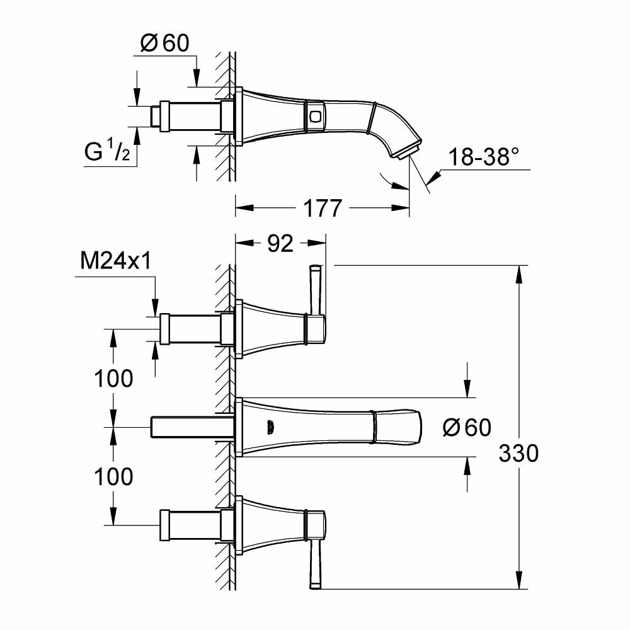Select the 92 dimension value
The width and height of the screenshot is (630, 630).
280,243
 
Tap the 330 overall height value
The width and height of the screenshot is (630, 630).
518,453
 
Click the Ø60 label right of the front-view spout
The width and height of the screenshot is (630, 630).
466,428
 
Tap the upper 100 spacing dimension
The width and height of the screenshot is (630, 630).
113,379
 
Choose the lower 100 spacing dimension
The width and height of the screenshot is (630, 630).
113,477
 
